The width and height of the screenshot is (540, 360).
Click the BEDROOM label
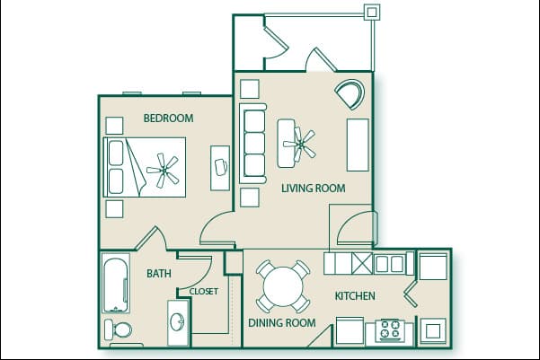pos(168,118)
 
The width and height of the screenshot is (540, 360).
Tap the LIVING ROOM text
pos(314,188)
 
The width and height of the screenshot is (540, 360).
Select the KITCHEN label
pos(355,296)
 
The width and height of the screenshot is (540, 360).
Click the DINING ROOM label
pos(281,322)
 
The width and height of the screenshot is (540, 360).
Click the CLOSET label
pos(203,291)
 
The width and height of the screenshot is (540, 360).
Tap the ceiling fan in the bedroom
pos(164,168)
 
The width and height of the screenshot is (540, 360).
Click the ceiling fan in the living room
pos(299,141)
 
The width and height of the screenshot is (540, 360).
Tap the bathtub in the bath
pos(116,283)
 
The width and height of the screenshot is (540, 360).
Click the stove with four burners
pos(391,329)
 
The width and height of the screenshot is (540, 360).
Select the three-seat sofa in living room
pos(254,144)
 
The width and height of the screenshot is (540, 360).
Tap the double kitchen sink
pos(389,264)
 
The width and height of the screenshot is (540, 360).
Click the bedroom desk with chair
pos(219,167)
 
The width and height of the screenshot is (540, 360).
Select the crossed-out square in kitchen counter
pos(361,264)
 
